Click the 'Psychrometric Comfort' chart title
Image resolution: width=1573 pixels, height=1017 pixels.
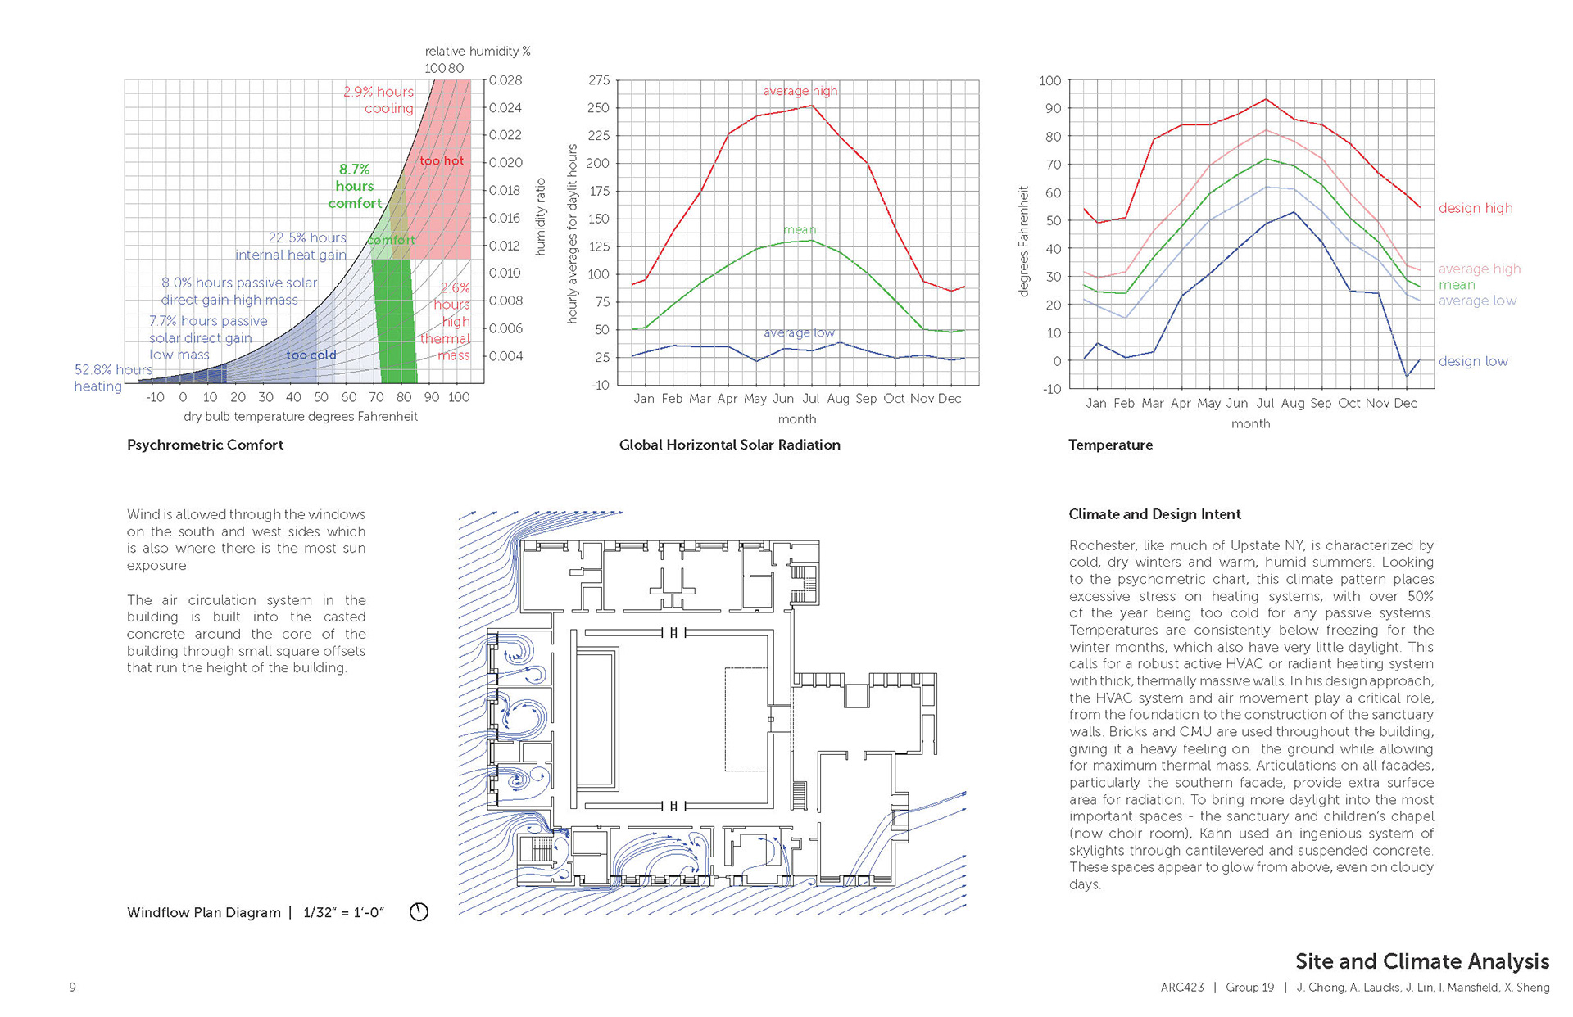(205, 445)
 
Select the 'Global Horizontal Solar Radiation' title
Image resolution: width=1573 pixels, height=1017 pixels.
(729, 445)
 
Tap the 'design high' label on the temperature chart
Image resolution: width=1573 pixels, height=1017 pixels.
(1476, 208)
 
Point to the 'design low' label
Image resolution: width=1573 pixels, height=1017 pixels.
(1473, 361)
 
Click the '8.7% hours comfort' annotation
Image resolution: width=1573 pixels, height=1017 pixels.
(355, 186)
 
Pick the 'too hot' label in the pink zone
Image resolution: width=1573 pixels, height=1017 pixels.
(442, 160)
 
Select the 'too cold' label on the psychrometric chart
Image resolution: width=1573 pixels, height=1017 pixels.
(311, 355)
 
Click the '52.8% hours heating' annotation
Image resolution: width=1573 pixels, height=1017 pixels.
(113, 377)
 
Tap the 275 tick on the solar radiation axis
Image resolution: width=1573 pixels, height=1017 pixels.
(599, 80)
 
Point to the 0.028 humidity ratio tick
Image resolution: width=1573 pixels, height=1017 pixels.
(505, 80)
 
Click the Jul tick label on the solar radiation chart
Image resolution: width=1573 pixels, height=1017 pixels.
(810, 398)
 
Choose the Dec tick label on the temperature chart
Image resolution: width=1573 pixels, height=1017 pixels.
(1405, 403)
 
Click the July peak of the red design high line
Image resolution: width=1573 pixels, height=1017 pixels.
(1266, 99)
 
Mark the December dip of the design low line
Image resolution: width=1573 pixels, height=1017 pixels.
(1407, 377)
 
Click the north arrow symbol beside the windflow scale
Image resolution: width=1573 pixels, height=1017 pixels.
(419, 911)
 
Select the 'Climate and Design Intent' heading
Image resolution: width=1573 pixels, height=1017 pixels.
(1154, 514)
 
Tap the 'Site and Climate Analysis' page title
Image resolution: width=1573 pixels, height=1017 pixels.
(1422, 961)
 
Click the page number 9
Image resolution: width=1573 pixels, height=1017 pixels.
(73, 988)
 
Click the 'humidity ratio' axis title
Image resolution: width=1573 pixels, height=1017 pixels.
(540, 217)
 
